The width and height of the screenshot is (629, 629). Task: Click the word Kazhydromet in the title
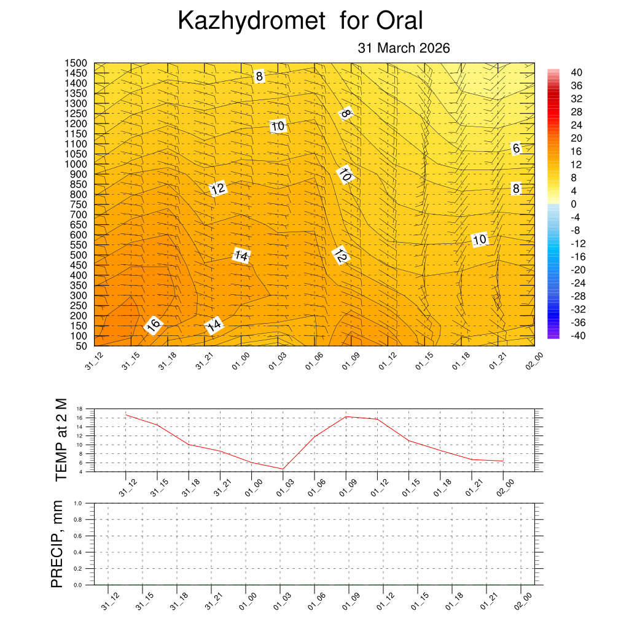tap(251, 21)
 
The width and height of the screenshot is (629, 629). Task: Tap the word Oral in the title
tap(400, 21)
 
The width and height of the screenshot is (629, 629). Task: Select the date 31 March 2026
tap(404, 48)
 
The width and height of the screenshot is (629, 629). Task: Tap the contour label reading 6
tap(516, 148)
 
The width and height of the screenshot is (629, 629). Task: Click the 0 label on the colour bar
tap(573, 204)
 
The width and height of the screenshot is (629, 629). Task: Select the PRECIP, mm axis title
tap(57, 544)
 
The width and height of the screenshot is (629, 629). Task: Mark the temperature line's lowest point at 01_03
tap(283, 469)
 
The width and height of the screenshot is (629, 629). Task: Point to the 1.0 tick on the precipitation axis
tap(78, 503)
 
